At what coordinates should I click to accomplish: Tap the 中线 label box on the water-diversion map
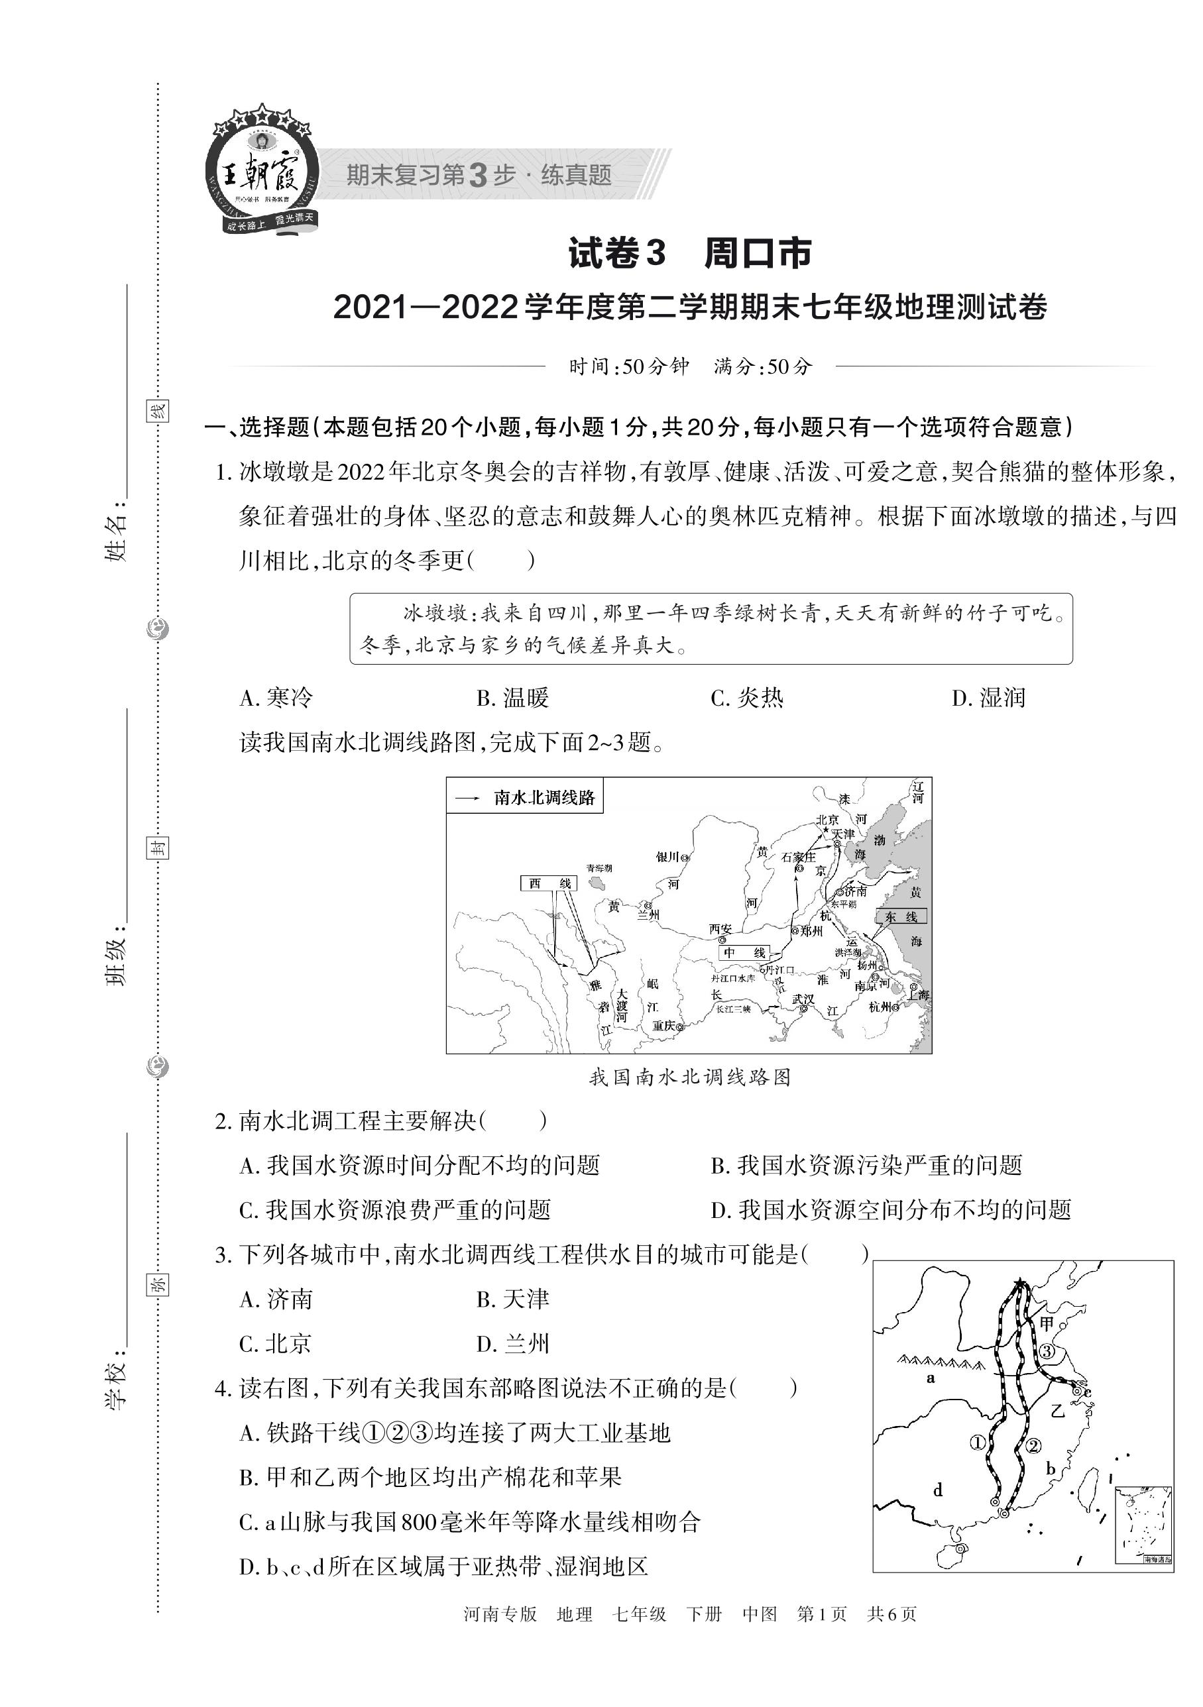[744, 953]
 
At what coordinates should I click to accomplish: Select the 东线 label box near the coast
[901, 917]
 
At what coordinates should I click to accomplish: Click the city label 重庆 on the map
[664, 1026]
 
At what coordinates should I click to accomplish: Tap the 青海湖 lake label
[599, 867]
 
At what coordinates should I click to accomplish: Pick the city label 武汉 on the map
[803, 1000]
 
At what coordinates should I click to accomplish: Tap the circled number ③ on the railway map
[1046, 1351]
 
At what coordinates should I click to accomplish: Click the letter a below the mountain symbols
[930, 1378]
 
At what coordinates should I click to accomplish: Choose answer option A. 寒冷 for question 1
[276, 698]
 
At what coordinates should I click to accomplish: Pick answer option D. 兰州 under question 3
[512, 1343]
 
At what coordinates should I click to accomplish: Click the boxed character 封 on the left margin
[157, 848]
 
